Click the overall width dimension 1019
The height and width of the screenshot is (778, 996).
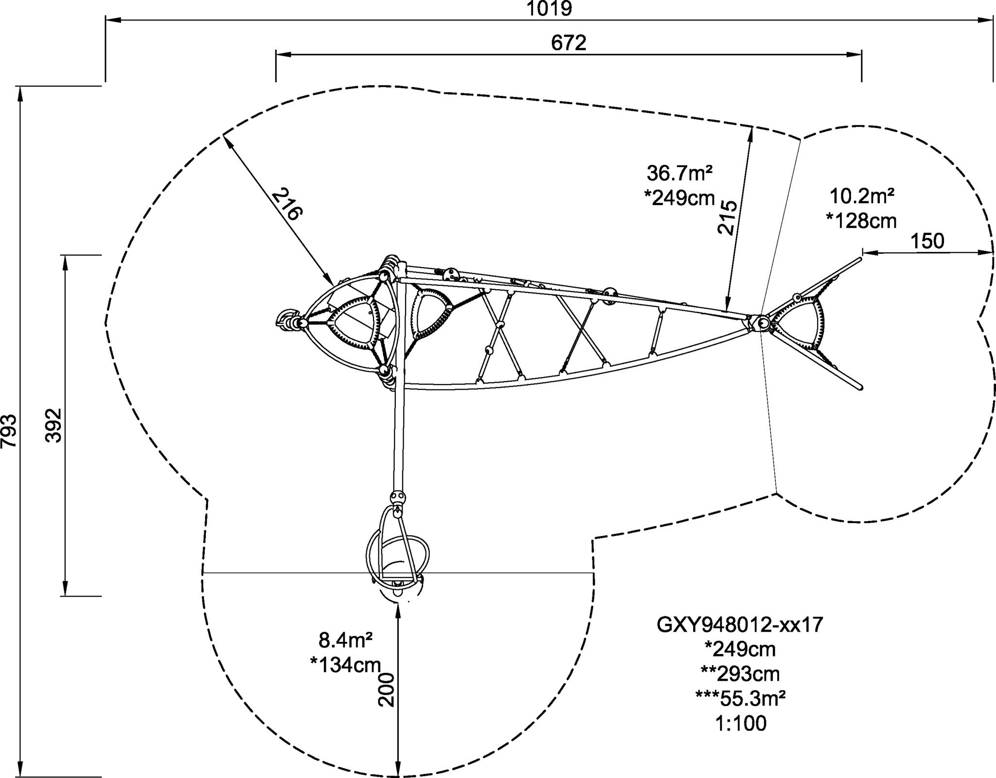550,9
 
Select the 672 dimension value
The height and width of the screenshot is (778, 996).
569,43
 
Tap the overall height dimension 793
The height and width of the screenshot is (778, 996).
9,431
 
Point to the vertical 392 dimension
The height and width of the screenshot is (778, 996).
53,424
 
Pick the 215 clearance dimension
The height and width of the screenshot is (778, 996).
728,217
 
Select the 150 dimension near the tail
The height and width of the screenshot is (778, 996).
927,241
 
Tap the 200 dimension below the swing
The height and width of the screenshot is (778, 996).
387,690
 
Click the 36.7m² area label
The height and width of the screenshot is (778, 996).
680,173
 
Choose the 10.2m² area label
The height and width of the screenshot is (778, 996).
861,196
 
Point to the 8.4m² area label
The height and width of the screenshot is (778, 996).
345,640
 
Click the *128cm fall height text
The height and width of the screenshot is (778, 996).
861,221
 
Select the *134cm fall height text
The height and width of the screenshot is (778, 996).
345,665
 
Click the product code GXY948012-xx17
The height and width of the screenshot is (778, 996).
740,625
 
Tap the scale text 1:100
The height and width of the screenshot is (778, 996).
741,724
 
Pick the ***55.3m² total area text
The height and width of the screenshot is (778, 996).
740,699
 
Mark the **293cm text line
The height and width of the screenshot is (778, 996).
740,674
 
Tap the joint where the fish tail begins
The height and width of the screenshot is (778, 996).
762,322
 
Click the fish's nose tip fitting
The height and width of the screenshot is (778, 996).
287,320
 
